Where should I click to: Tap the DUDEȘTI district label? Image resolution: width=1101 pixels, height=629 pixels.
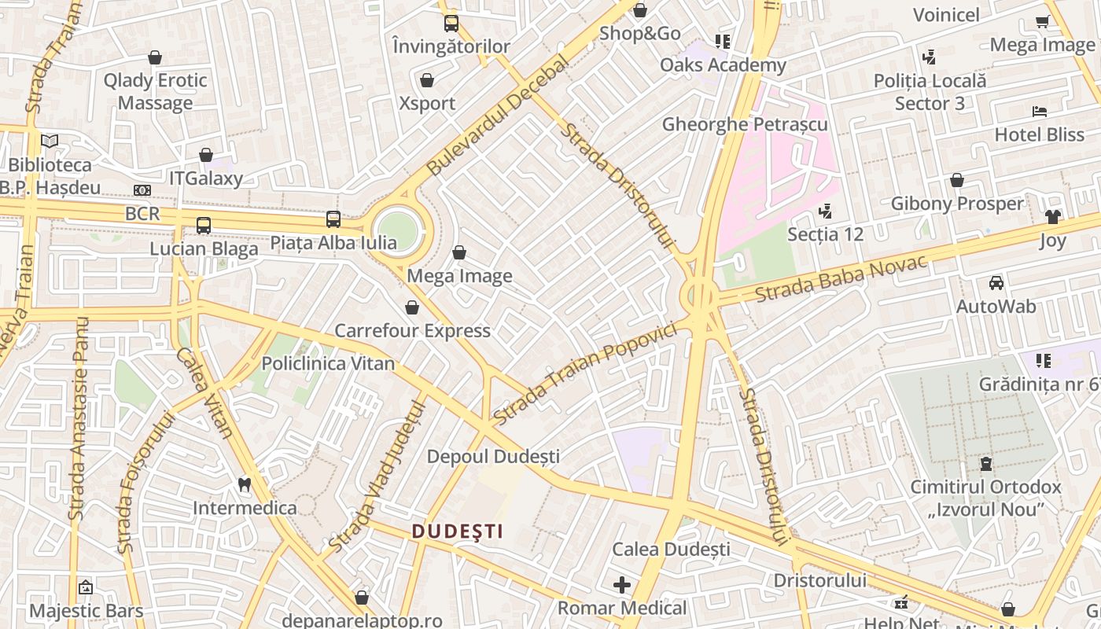(458, 532)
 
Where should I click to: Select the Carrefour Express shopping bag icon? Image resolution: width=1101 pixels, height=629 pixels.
(412, 307)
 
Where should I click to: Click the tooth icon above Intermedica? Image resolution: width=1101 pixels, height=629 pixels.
(245, 484)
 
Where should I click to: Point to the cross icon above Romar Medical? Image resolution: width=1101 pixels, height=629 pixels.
(622, 585)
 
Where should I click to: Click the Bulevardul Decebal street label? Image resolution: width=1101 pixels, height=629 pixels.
(498, 115)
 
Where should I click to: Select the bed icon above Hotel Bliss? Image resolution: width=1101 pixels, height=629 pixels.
(1039, 112)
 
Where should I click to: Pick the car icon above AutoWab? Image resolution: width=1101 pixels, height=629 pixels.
(996, 283)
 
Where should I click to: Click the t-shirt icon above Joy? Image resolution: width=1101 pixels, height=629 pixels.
(1052, 217)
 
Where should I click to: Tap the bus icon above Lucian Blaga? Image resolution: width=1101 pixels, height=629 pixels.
(204, 226)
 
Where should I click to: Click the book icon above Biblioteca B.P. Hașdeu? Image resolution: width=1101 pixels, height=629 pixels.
(50, 142)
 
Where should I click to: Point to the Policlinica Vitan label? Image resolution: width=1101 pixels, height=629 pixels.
(328, 363)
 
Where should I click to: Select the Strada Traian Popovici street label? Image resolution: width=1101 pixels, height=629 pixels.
(585, 373)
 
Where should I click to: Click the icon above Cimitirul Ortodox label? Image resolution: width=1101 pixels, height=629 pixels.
(986, 464)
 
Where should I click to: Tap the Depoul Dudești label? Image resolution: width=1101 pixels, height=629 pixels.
(493, 456)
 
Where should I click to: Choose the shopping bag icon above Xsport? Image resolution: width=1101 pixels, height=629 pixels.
(427, 80)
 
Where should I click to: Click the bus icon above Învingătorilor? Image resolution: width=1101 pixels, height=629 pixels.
(451, 24)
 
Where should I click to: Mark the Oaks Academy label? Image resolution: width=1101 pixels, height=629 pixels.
(723, 64)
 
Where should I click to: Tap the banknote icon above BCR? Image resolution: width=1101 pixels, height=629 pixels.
(142, 190)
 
